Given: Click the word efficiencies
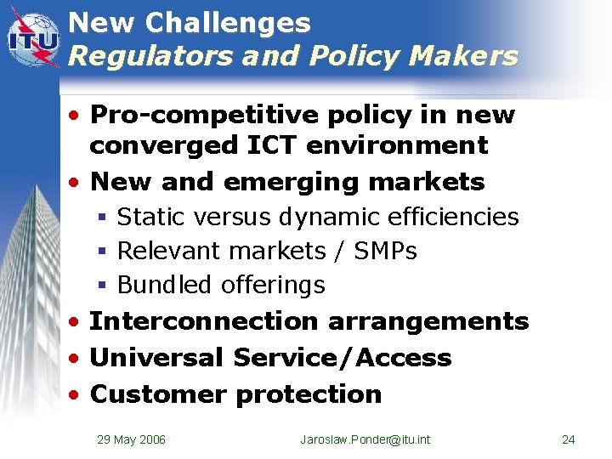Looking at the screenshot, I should [x=452, y=217].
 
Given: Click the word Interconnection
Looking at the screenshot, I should [x=203, y=321].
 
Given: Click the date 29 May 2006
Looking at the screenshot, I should [x=131, y=439].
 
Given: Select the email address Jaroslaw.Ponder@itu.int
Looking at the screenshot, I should [x=365, y=439].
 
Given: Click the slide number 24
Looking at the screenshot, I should [x=569, y=439].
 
